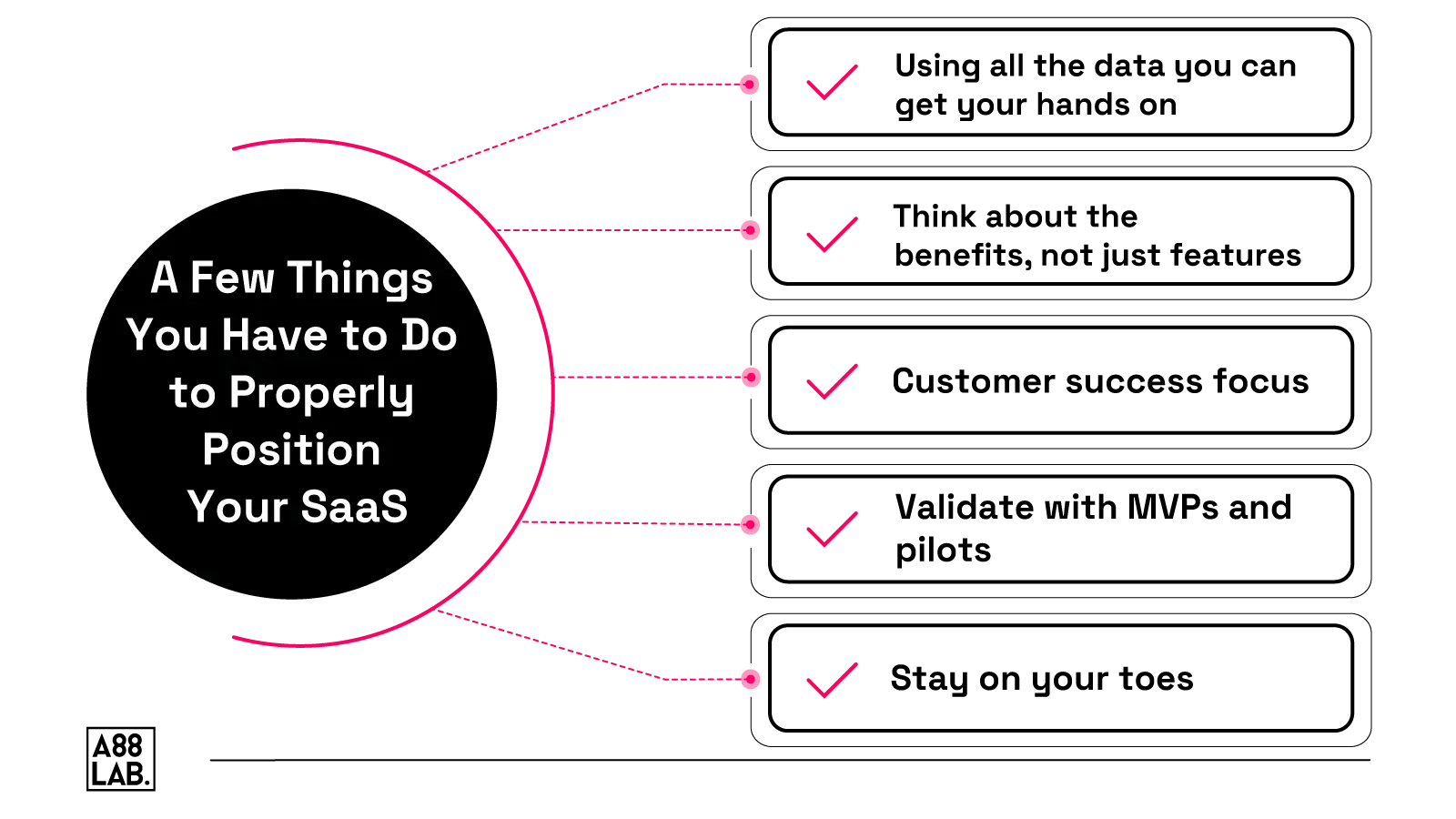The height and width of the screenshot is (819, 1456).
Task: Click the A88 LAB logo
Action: coord(120,758)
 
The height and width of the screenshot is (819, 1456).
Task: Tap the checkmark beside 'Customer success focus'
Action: coord(832,381)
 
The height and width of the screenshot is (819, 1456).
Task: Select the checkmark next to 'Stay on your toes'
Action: coord(832,680)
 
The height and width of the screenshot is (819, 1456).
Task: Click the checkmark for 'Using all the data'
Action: coord(832,83)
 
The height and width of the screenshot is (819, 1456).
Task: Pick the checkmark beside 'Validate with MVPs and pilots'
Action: coord(832,530)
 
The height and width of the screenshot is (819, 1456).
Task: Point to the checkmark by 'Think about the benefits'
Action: coord(832,234)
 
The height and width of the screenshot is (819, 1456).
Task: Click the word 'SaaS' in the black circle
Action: coord(354,507)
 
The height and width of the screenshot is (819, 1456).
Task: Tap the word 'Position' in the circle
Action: coord(291,450)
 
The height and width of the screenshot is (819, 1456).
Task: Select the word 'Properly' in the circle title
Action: coord(321,393)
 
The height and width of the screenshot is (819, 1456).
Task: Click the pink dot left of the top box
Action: coord(750,85)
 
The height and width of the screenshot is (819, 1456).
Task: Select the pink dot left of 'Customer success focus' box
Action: coord(752,378)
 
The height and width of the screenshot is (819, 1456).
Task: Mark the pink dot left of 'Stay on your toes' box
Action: coord(751,679)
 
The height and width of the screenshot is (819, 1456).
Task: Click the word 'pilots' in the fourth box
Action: coord(943,551)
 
